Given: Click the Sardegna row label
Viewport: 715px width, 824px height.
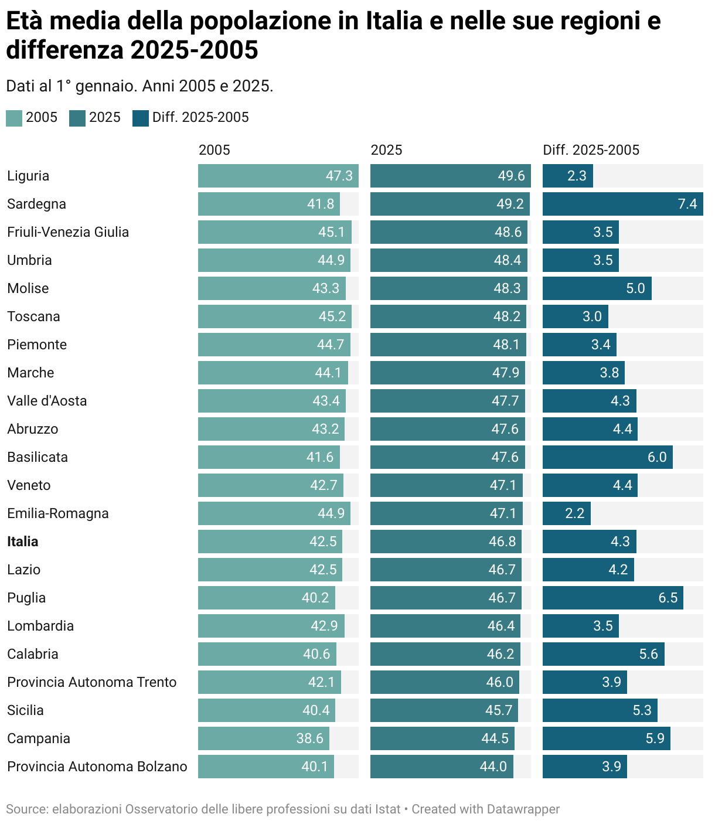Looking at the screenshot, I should [x=36, y=204].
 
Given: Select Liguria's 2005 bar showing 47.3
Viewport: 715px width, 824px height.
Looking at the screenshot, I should [x=278, y=176].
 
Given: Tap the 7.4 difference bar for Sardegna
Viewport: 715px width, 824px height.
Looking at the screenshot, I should [x=622, y=204].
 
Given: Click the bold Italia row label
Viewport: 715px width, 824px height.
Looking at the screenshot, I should [x=23, y=542].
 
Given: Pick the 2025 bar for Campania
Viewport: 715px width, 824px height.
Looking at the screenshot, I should [x=442, y=738].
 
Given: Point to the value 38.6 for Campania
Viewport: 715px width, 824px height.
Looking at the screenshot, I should [x=309, y=738].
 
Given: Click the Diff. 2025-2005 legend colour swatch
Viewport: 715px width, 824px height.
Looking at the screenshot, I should [x=141, y=118].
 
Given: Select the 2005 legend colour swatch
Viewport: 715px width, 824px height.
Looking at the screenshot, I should [x=14, y=118].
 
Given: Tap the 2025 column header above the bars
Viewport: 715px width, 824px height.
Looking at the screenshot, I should [x=386, y=150].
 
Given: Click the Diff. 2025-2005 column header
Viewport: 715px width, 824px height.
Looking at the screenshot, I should [x=591, y=150].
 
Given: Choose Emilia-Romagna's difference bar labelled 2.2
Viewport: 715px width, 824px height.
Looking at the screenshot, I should [x=566, y=513].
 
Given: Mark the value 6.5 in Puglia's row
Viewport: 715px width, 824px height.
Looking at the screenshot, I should [x=668, y=598].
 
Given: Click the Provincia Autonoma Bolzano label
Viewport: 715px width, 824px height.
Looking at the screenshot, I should [x=97, y=767].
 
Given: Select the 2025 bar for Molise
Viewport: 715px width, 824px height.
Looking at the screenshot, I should [x=448, y=288].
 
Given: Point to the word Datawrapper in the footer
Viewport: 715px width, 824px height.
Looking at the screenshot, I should [x=523, y=809].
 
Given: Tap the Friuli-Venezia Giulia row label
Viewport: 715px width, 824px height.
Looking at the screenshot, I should [x=68, y=232].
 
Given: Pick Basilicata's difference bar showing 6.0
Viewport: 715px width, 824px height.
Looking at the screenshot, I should [x=607, y=457].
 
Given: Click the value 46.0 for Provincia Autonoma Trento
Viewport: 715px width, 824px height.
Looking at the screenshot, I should [x=499, y=682].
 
